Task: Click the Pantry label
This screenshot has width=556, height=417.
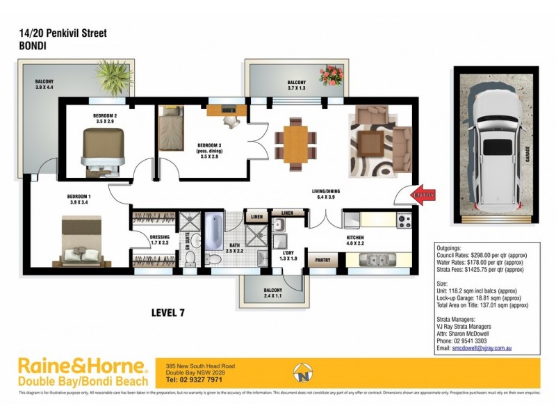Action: [x=322, y=261]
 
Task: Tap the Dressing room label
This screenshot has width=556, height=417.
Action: [x=160, y=240]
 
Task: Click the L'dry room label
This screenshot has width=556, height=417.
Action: [x=286, y=255]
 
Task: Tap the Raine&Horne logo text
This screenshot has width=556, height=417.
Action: [x=82, y=366]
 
